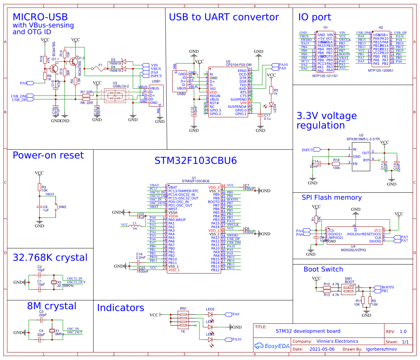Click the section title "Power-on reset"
pos(48,155)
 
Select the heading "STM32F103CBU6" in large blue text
pos(195,160)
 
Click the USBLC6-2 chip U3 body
pos(115,95)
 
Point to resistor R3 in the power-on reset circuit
pos(39,187)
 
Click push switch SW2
pos(56,207)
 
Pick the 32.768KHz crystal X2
pos(54,282)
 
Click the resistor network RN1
pos(183,321)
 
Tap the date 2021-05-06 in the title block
pos(322,349)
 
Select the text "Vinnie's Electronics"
pos(337,341)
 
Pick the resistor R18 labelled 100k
pos(336,163)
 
